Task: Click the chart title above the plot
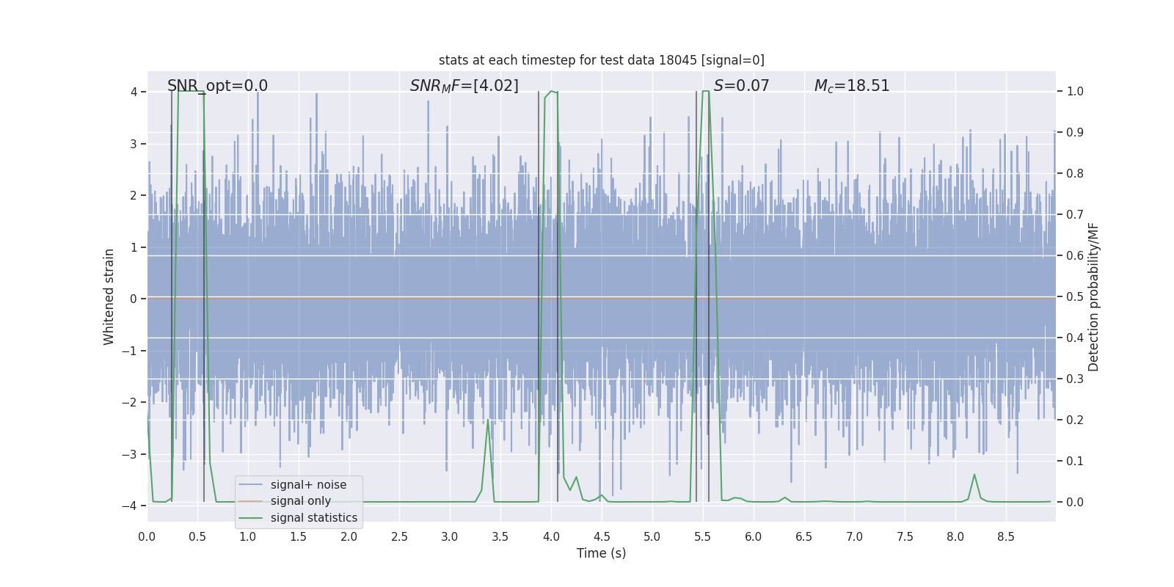(601, 60)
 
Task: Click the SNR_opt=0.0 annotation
(217, 86)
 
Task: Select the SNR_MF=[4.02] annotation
(464, 86)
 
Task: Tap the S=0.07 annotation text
(741, 86)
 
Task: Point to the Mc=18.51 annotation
(851, 86)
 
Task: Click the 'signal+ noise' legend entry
(308, 485)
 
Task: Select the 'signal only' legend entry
(300, 501)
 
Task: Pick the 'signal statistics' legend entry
(313, 518)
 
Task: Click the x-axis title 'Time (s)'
(601, 553)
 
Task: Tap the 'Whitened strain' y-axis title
(109, 297)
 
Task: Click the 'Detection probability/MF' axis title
(1093, 297)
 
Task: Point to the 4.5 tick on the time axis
(602, 536)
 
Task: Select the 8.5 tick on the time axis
(1005, 536)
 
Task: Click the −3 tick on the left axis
(133, 454)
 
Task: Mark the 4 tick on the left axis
(134, 92)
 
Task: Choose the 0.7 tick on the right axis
(1075, 215)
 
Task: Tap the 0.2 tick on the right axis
(1075, 420)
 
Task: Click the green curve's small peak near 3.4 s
(488, 420)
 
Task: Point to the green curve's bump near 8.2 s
(974, 475)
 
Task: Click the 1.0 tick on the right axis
(1075, 92)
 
